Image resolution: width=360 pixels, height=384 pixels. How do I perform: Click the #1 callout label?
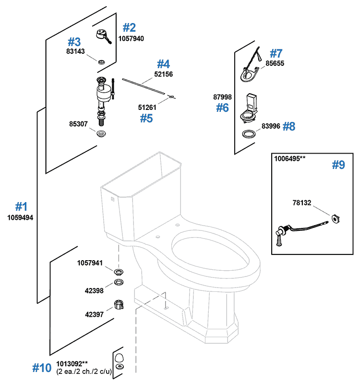coord(20,207)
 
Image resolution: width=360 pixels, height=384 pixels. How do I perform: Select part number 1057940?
coord(131,38)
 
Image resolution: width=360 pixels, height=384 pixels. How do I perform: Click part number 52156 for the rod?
coord(164,74)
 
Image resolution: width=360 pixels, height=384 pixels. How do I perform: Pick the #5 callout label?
coord(146,118)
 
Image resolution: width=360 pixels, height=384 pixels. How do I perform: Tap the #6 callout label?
coord(222,108)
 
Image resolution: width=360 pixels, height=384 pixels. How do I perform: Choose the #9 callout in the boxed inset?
coord(338,165)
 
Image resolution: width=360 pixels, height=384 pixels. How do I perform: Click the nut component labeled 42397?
coord(119,305)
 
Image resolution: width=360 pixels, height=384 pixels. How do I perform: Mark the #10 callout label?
coord(41,368)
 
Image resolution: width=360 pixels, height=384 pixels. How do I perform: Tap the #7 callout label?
coord(276,53)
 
